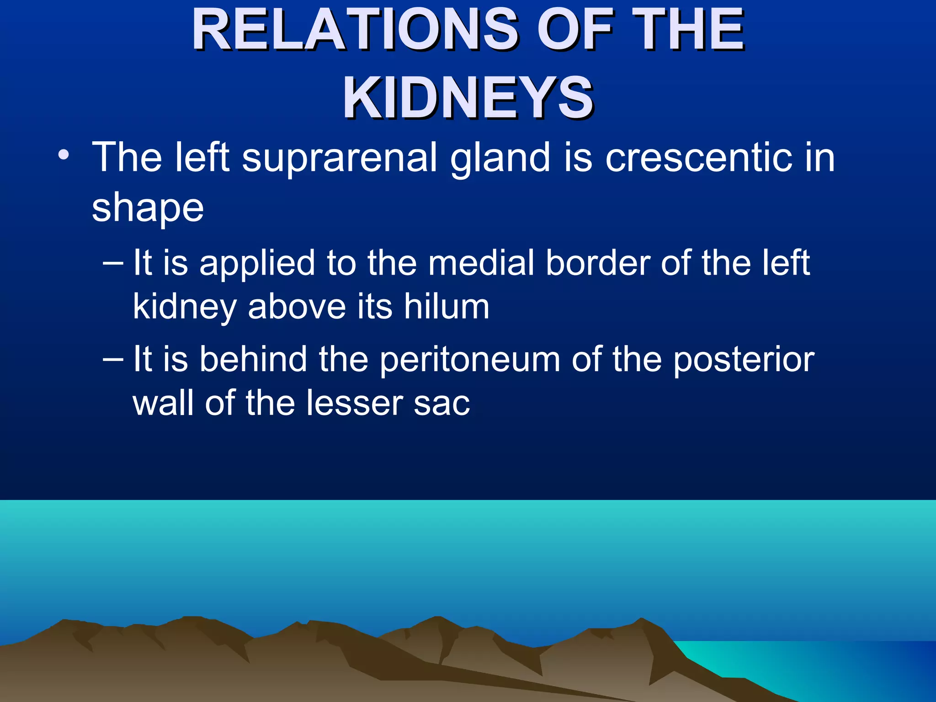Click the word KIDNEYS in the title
pos(468,98)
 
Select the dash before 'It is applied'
pos(113,263)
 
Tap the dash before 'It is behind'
pos(113,359)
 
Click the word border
pos(598,263)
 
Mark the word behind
pos(253,359)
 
